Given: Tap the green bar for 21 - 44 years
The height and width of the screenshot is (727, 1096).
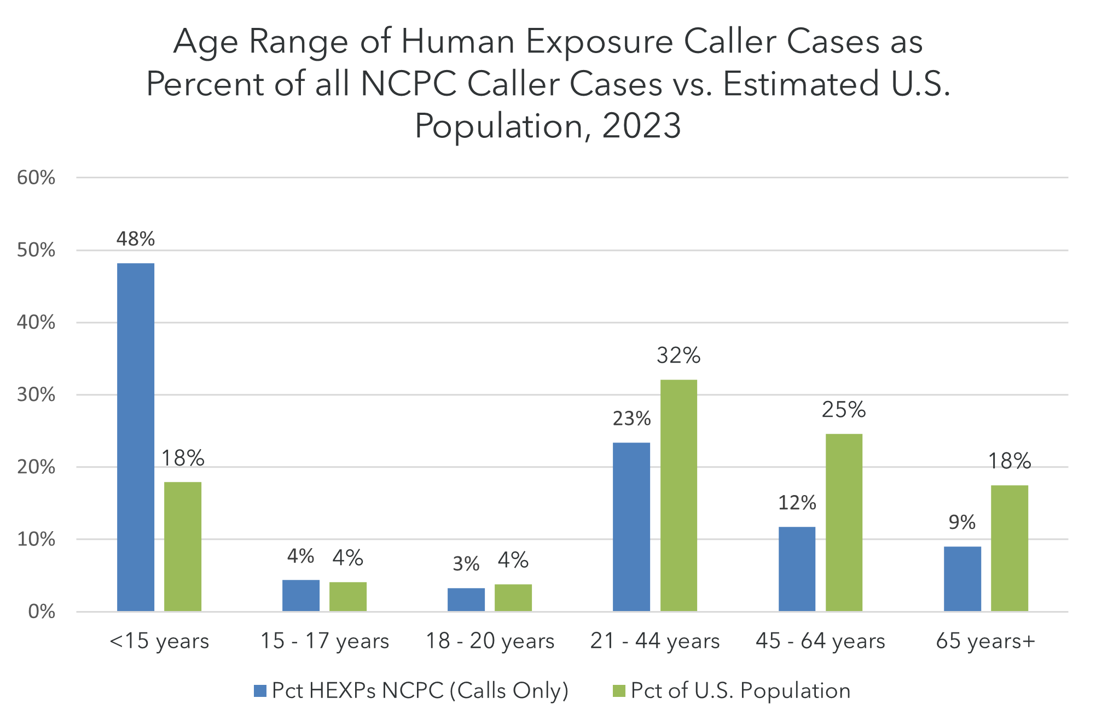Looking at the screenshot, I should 679,495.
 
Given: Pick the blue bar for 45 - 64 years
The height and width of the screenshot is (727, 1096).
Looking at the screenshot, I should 797,569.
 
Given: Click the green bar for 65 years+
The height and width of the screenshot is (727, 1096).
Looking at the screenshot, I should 1010,548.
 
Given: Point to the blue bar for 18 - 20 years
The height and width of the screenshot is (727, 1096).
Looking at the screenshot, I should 466,599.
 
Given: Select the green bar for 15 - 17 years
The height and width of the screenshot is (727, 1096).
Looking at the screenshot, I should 348,596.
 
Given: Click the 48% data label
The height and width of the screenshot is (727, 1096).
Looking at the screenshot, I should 136,239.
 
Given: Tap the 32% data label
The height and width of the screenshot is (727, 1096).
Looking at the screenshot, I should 679,356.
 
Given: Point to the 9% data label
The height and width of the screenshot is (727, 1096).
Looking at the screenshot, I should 962,522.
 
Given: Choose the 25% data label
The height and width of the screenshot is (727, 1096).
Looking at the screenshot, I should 844,410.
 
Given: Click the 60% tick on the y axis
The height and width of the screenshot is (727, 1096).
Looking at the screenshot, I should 36,178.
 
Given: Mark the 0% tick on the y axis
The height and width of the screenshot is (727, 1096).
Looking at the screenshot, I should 42,612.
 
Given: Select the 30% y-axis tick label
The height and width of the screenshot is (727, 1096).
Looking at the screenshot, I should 36,395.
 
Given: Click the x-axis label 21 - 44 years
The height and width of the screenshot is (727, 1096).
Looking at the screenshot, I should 655,641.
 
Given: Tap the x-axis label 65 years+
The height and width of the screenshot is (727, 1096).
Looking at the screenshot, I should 985,641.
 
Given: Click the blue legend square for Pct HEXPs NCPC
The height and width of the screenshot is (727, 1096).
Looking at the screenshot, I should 260,691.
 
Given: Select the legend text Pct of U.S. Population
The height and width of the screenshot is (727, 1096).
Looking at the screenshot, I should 740,691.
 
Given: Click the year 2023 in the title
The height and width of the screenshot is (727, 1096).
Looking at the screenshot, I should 641,126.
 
